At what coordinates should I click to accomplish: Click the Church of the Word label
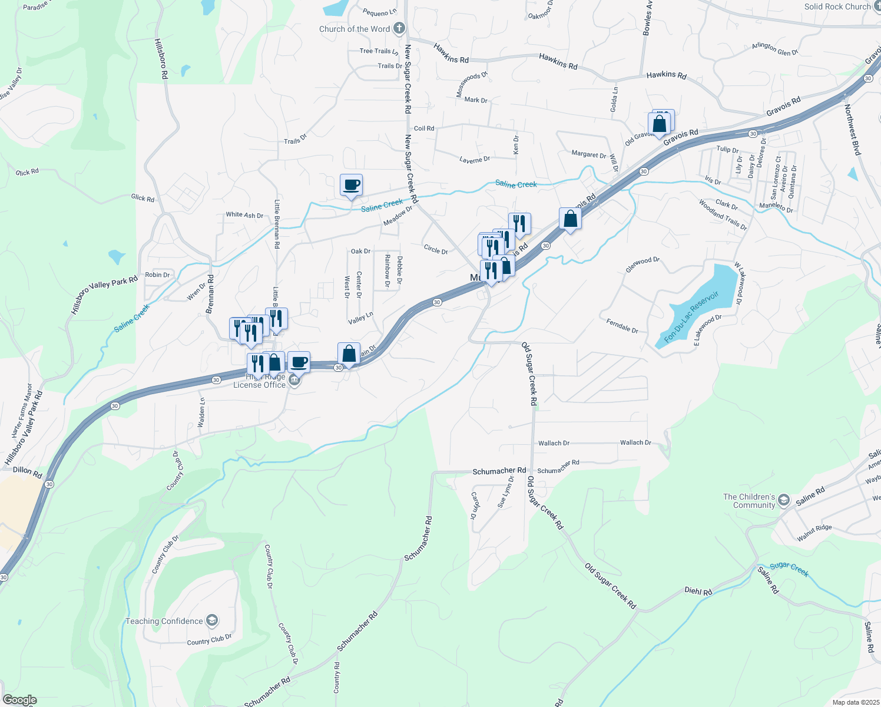coord(355,29)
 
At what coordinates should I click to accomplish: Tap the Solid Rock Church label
coord(837,6)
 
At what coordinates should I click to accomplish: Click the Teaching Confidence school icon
coord(212,620)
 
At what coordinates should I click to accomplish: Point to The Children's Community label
coord(749,501)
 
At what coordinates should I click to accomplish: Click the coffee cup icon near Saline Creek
coord(351,185)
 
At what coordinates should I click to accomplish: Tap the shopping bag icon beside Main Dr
coord(349,353)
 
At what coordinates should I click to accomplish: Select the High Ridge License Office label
coord(259,381)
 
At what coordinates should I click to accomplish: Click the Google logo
coord(19,700)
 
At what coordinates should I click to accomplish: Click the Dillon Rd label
coord(27,471)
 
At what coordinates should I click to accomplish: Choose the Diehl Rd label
coord(698,591)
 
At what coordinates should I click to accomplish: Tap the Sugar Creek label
coord(789,569)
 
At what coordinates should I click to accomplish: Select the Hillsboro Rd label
coord(161,59)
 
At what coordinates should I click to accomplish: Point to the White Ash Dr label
coord(244,215)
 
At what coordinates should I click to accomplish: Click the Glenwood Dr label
coord(642,265)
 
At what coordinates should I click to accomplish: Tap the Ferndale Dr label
coord(622,325)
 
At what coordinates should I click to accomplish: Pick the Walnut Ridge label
coord(814,533)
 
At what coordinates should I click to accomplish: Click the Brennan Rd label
coord(210,294)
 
